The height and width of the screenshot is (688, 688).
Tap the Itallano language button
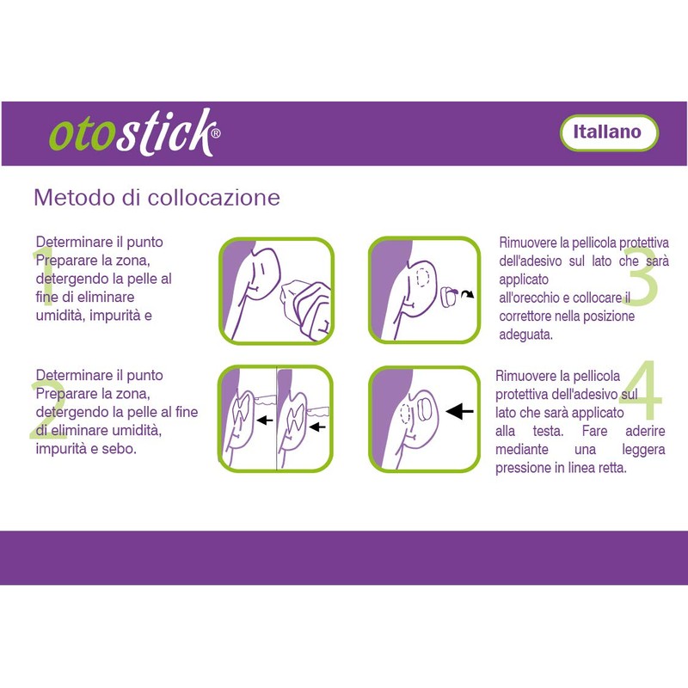[x=608, y=132]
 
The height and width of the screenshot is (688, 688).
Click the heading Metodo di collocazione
[x=157, y=197]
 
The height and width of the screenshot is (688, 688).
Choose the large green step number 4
[x=640, y=395]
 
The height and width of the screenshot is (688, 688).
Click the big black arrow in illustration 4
[x=461, y=413]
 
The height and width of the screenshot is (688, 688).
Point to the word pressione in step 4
[x=525, y=469]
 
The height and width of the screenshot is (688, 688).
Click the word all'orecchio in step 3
[x=534, y=298]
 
